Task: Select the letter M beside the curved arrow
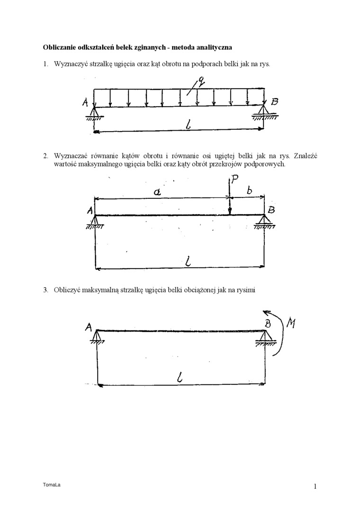click(x=292, y=323)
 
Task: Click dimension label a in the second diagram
click(x=158, y=191)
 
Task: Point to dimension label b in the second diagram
click(x=249, y=190)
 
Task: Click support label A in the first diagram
click(x=85, y=102)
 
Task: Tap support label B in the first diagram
click(x=275, y=101)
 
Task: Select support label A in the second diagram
click(x=90, y=212)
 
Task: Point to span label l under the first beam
click(x=189, y=125)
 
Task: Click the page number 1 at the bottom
click(x=315, y=486)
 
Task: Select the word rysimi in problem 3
click(x=247, y=290)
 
